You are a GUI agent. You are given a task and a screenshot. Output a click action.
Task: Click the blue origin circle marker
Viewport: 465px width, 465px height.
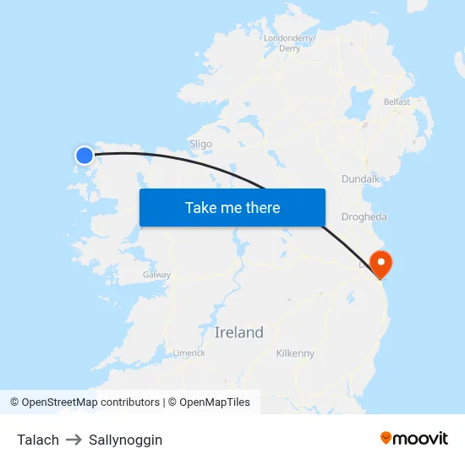[84, 155]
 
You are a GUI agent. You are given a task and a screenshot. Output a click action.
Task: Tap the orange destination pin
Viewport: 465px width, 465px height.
[381, 262]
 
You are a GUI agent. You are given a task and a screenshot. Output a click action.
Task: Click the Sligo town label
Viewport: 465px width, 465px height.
[200, 144]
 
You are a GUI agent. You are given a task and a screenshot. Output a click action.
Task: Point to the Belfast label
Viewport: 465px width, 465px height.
[397, 101]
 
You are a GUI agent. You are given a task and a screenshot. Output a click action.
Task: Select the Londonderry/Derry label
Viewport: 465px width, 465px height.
[289, 43]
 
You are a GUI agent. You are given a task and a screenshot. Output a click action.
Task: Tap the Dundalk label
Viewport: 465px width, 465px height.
[361, 179]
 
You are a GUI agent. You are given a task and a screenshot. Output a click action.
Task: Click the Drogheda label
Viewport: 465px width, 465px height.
[364, 217]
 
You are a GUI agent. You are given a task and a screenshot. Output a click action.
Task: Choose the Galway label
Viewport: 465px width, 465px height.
[156, 275]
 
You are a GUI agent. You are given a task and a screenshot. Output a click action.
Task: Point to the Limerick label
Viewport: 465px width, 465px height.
[189, 353]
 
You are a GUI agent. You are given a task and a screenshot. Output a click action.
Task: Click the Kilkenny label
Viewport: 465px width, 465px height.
[295, 353]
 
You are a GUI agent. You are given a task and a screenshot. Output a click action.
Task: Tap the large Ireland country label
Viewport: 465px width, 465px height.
[238, 332]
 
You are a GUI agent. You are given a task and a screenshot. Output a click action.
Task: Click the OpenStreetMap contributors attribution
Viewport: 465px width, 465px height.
[85, 402]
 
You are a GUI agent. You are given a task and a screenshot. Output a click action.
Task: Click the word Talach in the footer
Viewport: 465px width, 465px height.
[38, 440]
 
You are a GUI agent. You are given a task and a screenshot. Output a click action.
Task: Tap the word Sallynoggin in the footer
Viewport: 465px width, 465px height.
[125, 440]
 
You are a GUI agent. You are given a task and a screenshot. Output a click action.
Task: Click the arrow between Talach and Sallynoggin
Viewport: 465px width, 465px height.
[74, 440]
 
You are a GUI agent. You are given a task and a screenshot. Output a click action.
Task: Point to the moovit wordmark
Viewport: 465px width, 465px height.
[420, 439]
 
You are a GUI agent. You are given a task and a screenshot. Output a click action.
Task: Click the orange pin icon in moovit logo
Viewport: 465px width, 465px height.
[386, 438]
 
